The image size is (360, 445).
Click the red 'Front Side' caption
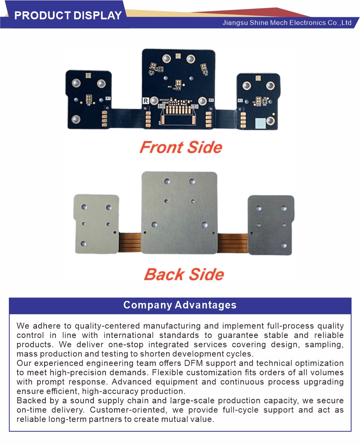(x=181, y=147)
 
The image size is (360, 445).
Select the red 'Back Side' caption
(x=184, y=275)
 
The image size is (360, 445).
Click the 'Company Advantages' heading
(x=180, y=305)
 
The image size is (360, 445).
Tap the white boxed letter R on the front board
(x=145, y=101)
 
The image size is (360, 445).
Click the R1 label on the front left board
(x=108, y=98)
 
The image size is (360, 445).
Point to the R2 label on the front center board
(x=211, y=100)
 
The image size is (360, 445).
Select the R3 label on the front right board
(x=240, y=101)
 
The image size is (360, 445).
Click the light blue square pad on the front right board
(x=260, y=123)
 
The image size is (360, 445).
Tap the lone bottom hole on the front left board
(x=75, y=119)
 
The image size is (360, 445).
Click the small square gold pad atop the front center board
(x=178, y=56)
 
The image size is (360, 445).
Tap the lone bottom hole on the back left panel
(x=83, y=243)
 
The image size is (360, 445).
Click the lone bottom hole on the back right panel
(x=284, y=245)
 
